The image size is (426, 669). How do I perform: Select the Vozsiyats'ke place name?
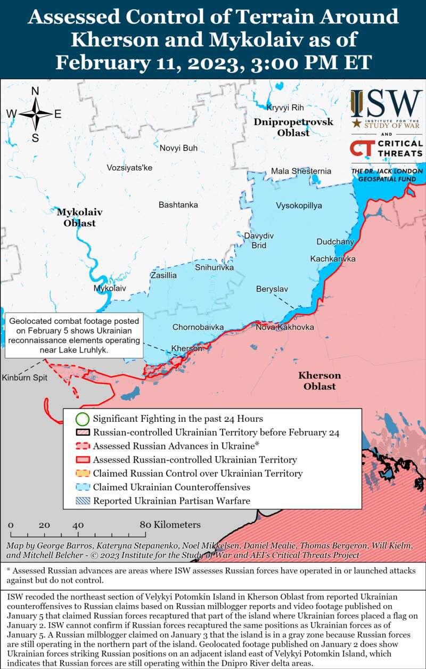click(129, 168)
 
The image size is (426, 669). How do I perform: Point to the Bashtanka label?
click(178, 205)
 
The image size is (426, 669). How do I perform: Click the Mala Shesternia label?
click(301, 172)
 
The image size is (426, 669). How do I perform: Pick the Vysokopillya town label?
click(299, 206)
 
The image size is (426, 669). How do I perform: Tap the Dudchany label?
click(335, 242)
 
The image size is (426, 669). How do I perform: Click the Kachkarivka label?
click(333, 259)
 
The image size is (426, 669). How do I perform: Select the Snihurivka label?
click(215, 267)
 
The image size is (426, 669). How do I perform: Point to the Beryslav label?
click(272, 289)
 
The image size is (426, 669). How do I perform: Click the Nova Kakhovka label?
click(284, 327)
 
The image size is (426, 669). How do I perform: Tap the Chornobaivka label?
click(198, 327)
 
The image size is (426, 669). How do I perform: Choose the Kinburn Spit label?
click(24, 378)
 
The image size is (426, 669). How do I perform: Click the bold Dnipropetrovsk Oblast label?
click(293, 127)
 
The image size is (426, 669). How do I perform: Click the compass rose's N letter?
click(35, 91)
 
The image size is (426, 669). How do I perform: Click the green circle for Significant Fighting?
click(82, 419)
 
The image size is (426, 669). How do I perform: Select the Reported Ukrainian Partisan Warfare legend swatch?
click(82, 501)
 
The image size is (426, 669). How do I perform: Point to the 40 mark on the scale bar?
click(78, 525)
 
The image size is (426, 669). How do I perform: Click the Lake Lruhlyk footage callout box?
click(74, 336)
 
